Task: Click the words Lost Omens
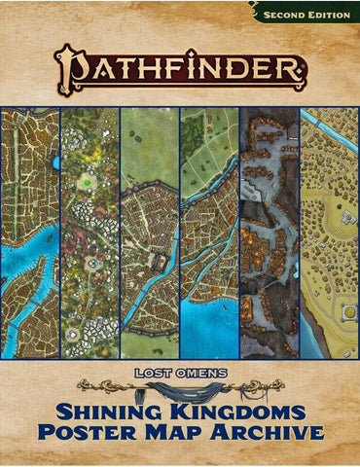(179, 372)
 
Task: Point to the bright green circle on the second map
(89, 180)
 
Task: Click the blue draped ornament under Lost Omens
(180, 387)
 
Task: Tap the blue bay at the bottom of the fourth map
(209, 326)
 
